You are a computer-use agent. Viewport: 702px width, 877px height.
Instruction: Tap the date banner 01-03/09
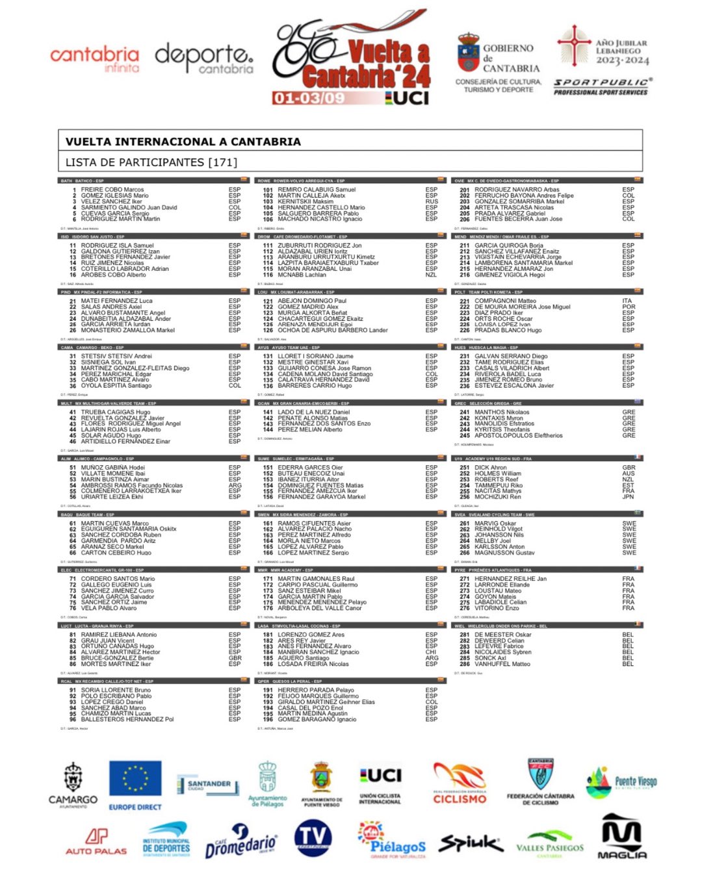[x=309, y=98]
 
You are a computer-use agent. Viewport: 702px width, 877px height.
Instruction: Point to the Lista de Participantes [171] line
[x=151, y=162]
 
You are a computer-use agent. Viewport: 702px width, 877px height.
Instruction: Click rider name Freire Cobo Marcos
[x=112, y=190]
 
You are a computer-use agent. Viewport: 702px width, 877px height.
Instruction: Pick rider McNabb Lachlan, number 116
[x=302, y=275]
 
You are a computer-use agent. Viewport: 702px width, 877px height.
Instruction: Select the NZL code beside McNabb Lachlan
[x=432, y=275]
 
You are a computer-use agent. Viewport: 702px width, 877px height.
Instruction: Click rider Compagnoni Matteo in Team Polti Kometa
[x=505, y=301]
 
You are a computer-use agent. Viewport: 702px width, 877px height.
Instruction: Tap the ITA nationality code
[x=627, y=301]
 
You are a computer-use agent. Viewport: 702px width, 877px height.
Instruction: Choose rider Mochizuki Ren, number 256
[x=497, y=497]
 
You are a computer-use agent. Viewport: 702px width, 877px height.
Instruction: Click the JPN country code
[x=629, y=497]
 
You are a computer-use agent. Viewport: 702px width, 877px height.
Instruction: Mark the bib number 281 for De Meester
[x=464, y=635]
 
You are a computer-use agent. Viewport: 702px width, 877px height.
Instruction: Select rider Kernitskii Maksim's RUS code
[x=432, y=201]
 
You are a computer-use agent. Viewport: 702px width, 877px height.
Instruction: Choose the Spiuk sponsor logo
[x=471, y=843]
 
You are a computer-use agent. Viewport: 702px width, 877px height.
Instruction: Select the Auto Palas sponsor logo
[x=96, y=841]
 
